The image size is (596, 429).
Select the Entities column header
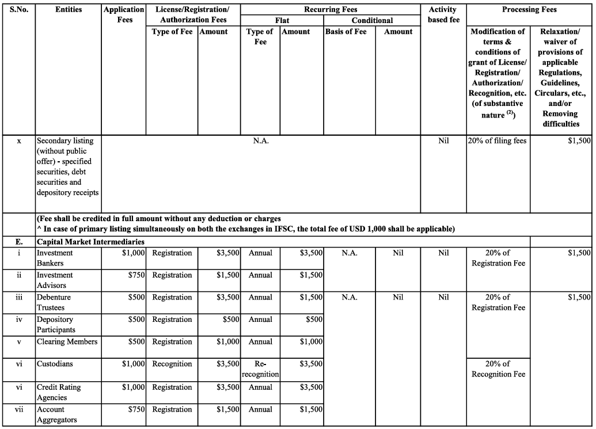tap(69, 9)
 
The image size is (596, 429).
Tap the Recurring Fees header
tap(330, 9)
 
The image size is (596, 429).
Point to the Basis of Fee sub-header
tap(346, 32)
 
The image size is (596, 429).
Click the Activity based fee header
tap(443, 14)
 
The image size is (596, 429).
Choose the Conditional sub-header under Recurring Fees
tap(372, 20)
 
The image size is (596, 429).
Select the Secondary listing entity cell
tap(68, 166)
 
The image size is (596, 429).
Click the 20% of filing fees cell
tap(498, 141)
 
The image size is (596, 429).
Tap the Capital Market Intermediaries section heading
tap(90, 242)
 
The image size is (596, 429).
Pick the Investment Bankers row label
tap(55, 258)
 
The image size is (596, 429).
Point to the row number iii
tap(19, 297)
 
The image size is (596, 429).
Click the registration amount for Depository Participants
tap(231, 320)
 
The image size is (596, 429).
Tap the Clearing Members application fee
tap(136, 341)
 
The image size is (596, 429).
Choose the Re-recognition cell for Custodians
tap(260, 369)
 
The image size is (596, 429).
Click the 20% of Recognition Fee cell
tap(498, 369)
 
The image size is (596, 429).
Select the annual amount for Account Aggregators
tap(311, 409)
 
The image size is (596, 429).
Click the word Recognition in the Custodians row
tap(172, 364)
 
